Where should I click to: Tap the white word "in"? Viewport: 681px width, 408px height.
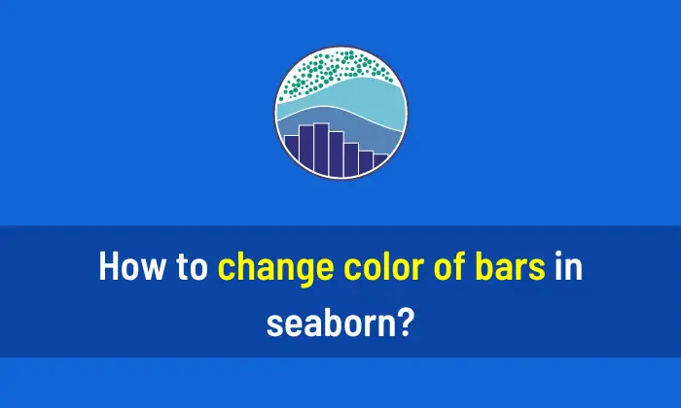[x=568, y=267]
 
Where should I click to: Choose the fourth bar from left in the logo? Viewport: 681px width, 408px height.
[x=336, y=155]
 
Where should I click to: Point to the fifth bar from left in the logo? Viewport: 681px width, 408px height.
[x=350, y=160]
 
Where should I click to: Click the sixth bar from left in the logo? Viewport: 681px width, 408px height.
[x=366, y=163]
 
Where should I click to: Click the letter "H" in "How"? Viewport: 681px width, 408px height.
[x=109, y=267]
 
